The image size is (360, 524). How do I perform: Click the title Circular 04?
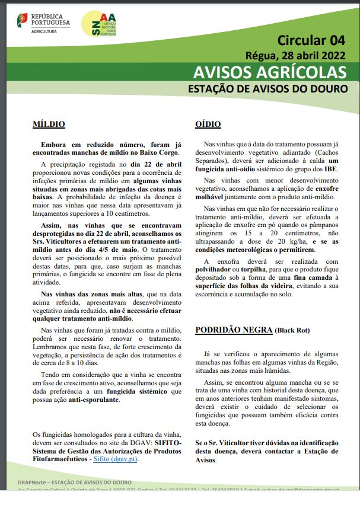coord(311,40)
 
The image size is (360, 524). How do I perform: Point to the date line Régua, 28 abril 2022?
coord(295,56)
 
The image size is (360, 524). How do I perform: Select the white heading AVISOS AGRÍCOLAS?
coord(270,72)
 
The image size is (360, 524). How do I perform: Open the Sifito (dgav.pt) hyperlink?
coord(119,459)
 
